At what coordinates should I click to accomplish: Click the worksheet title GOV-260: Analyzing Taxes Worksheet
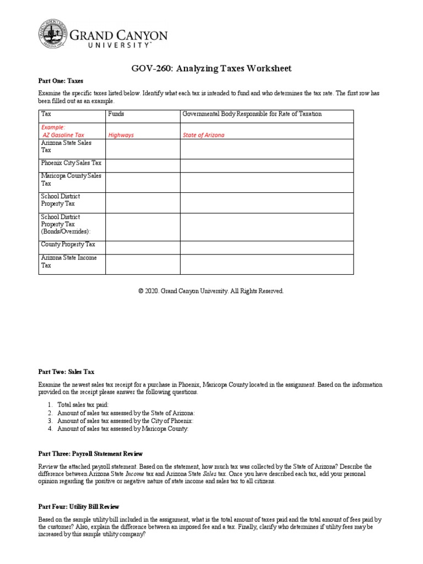click(x=210, y=68)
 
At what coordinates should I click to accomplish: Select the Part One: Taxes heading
click(x=61, y=81)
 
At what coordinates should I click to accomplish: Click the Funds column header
click(x=116, y=114)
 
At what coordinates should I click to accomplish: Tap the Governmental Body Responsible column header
click(x=252, y=114)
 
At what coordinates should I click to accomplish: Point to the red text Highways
click(x=121, y=134)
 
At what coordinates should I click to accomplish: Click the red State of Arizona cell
click(x=203, y=134)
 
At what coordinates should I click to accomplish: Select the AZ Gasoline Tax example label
click(x=63, y=134)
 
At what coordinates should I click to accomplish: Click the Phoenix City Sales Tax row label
click(x=71, y=163)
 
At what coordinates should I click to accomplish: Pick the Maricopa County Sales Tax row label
click(x=71, y=180)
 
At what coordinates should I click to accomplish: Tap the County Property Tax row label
click(x=68, y=244)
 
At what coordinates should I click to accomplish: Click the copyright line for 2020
click(x=211, y=291)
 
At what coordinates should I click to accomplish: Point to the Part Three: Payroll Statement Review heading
click(x=90, y=454)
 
